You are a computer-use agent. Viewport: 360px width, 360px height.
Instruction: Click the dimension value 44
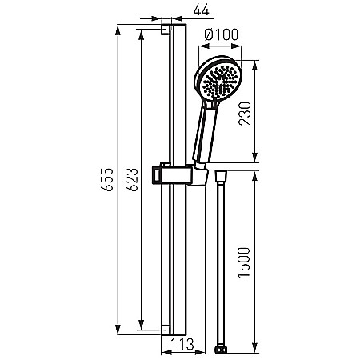coord(202,10)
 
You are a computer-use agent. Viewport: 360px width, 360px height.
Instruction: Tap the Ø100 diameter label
coord(221,34)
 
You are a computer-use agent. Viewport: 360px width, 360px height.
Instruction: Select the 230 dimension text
coord(245,114)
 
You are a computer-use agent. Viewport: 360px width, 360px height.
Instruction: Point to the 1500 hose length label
coord(244,262)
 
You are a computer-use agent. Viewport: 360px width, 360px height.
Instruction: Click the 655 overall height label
coord(107,179)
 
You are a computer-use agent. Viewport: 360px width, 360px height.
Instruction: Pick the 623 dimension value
coord(132,179)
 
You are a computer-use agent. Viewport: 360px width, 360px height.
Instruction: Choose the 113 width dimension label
coord(182,344)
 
